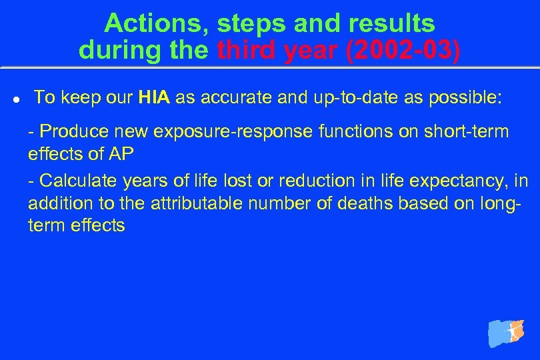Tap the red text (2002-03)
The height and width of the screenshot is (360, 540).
pos(403,50)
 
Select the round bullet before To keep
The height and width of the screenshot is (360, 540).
pos(15,99)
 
